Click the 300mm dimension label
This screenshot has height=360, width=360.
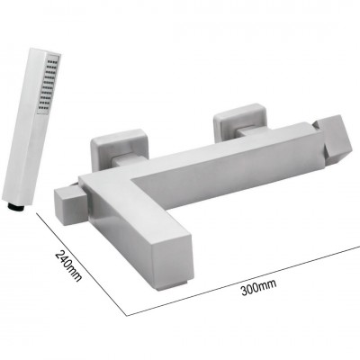(259, 288)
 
